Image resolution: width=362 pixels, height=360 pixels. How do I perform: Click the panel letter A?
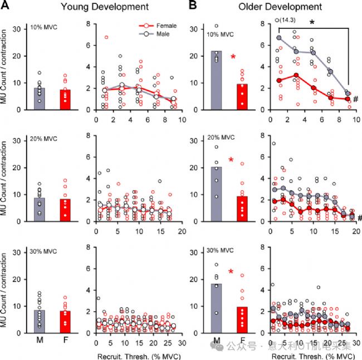click(x=6, y=7)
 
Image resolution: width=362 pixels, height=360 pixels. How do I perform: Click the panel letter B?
click(x=192, y=7)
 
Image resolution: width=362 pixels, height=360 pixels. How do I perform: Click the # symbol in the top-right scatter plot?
click(x=355, y=99)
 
